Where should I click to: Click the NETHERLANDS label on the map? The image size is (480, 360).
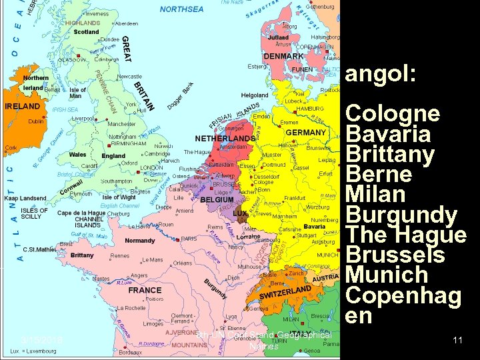click(224, 139)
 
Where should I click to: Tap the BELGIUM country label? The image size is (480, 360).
click(217, 200)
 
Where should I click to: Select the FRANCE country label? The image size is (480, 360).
click(145, 290)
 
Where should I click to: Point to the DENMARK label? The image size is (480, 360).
click(283, 57)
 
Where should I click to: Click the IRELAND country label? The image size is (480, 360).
click(22, 106)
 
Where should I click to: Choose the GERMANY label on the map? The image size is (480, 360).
click(305, 132)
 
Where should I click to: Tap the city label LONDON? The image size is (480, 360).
click(152, 168)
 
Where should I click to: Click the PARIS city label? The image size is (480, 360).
click(189, 239)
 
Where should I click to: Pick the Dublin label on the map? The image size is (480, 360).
click(36, 121)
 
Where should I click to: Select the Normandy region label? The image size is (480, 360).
click(139, 241)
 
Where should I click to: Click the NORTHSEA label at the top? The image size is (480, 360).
click(181, 9)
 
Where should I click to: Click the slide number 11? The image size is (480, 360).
click(457, 340)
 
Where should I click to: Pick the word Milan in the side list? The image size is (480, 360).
click(376, 195)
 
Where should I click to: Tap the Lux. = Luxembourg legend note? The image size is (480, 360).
click(33, 351)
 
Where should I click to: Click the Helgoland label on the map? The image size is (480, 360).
click(254, 95)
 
